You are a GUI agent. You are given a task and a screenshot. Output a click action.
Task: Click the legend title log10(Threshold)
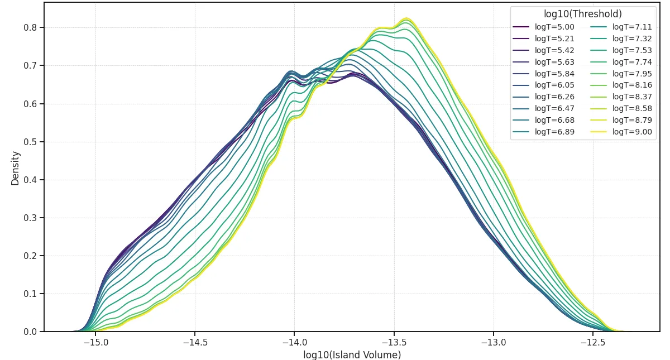click(583, 14)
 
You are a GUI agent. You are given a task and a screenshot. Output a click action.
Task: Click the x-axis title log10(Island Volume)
click(352, 354)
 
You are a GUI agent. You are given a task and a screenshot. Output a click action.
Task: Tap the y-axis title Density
click(16, 167)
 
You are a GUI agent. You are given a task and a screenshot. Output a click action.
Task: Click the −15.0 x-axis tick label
click(94, 342)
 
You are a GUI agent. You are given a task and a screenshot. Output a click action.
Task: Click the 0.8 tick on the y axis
click(29, 27)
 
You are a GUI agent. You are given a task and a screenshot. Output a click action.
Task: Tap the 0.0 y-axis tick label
click(29, 332)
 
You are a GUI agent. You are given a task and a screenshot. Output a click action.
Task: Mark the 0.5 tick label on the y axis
click(29, 142)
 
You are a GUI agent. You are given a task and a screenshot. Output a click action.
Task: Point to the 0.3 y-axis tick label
click(29, 218)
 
